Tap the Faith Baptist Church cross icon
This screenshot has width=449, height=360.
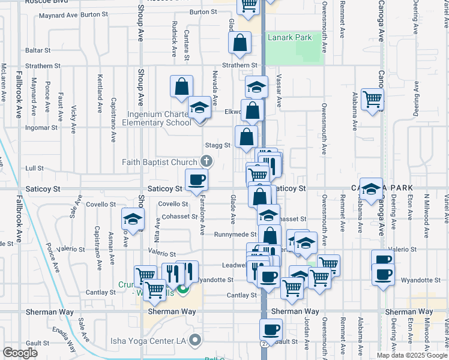pyautogui.click(x=206, y=161)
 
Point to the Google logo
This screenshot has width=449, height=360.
pyautogui.click(x=20, y=353)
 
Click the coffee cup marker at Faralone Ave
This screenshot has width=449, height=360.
pyautogui.click(x=196, y=180)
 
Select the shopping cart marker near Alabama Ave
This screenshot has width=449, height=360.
pyautogui.click(x=372, y=98)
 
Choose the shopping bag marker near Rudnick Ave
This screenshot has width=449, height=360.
pyautogui.click(x=181, y=86)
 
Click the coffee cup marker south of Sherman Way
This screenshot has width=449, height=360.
pyautogui.click(x=270, y=329)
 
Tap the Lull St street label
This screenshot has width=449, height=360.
pyautogui.click(x=33, y=169)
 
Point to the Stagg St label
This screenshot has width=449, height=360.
pyautogui.click(x=217, y=145)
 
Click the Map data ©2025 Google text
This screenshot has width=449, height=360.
pyautogui.click(x=411, y=355)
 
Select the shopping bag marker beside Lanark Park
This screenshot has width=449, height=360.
pyautogui.click(x=240, y=43)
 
